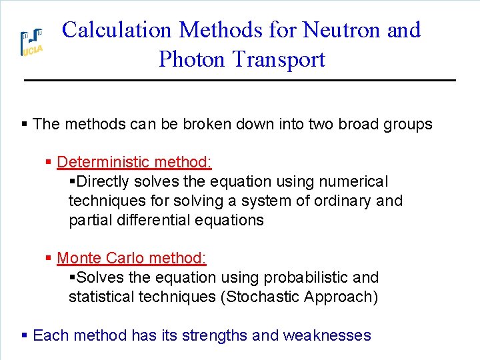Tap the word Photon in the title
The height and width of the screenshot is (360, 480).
point(193,59)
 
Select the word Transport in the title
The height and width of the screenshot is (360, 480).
point(280,59)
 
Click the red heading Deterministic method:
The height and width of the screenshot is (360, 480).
point(135,162)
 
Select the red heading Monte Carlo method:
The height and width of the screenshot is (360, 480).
point(132,258)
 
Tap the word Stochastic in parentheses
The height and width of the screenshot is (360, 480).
point(259,297)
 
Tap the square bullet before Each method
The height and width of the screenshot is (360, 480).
point(24,335)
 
